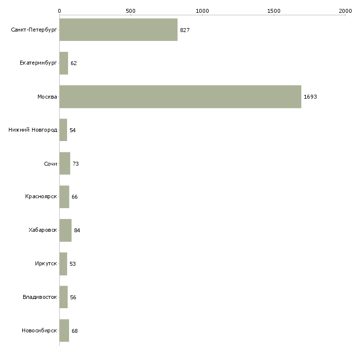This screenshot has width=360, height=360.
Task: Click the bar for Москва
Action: [x=180, y=97]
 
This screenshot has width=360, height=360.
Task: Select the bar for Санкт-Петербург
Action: [x=118, y=30]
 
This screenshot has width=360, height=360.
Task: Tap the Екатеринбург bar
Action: [x=64, y=63]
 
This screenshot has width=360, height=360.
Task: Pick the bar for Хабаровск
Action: [x=66, y=230]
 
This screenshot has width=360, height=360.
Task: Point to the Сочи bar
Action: [x=65, y=163]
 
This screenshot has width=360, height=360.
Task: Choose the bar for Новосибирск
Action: [x=64, y=330]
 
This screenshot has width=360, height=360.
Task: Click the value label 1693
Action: [x=310, y=97]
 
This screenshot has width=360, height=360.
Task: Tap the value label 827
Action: [x=185, y=30]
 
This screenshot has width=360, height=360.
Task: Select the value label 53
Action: [x=72, y=264]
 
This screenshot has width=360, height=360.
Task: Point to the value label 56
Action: [x=73, y=297]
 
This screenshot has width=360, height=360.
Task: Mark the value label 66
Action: [x=74, y=197]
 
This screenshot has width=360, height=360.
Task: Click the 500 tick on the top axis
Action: [x=131, y=11]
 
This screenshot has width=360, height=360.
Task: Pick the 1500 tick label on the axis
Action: [x=274, y=11]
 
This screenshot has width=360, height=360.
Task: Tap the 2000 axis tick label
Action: [x=345, y=11]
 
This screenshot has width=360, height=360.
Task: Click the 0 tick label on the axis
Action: [x=60, y=11]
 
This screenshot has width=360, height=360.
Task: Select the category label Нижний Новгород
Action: [x=33, y=130]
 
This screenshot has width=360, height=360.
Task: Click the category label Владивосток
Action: [x=40, y=297]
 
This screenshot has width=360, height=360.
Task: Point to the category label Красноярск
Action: [x=41, y=197]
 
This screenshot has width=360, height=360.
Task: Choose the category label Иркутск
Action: [x=46, y=263]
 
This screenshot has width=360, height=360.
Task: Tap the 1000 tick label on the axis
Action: [x=202, y=11]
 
